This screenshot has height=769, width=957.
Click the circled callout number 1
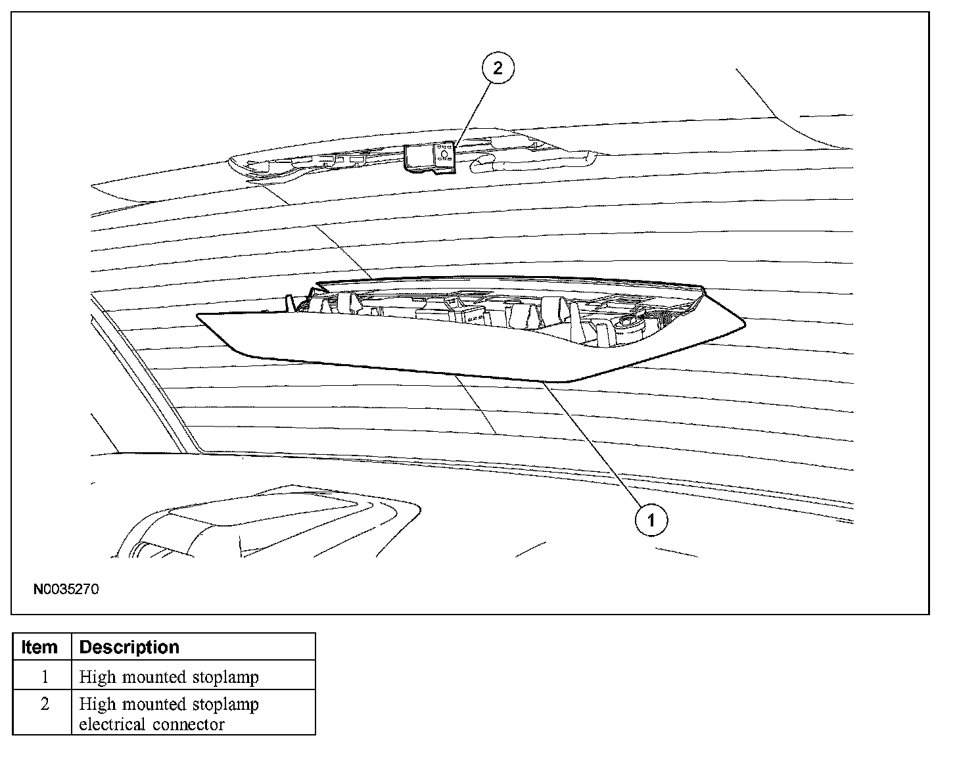(651, 521)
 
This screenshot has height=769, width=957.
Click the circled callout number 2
(498, 68)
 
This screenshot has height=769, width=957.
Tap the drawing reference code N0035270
(66, 589)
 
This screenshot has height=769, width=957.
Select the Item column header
(39, 647)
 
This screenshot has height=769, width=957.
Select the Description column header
(129, 647)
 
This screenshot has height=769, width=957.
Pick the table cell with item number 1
(44, 676)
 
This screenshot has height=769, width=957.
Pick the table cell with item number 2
(44, 704)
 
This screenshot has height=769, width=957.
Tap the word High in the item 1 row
(94, 676)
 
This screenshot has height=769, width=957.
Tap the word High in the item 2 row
(94, 704)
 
